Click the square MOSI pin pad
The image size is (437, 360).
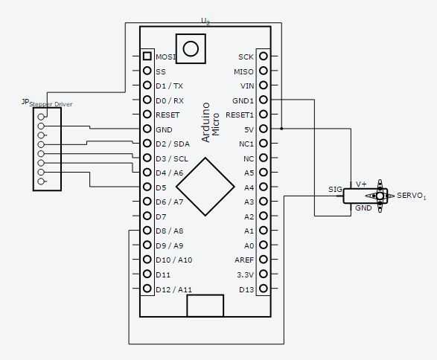click(x=147, y=57)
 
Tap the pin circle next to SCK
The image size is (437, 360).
click(x=264, y=56)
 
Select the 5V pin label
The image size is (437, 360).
click(x=249, y=129)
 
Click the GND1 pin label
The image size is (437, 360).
click(x=243, y=100)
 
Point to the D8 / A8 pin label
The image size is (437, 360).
click(x=170, y=231)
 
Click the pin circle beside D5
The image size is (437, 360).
click(x=147, y=187)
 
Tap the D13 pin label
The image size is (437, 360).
click(x=246, y=289)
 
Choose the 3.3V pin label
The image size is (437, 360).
click(x=245, y=274)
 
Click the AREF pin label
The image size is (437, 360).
click(x=244, y=260)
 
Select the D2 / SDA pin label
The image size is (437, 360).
click(x=173, y=144)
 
